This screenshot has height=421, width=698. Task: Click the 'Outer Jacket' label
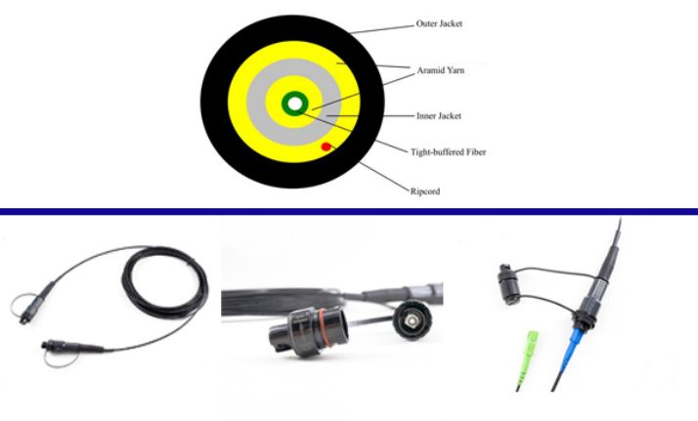click(x=439, y=23)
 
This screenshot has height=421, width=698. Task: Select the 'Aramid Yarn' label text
click(x=441, y=70)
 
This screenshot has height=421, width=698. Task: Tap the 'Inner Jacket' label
click(x=439, y=116)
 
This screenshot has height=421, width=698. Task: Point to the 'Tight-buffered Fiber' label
click(x=449, y=152)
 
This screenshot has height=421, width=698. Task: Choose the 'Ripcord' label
click(x=425, y=191)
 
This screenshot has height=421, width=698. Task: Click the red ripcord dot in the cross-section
click(x=326, y=147)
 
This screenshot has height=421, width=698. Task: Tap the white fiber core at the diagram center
click(x=294, y=104)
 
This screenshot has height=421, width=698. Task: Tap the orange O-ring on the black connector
click(x=324, y=328)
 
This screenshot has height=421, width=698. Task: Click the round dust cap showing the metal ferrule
click(x=413, y=319)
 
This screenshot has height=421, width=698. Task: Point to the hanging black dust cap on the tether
click(x=508, y=284)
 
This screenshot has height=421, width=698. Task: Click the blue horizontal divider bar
click(x=349, y=212)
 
